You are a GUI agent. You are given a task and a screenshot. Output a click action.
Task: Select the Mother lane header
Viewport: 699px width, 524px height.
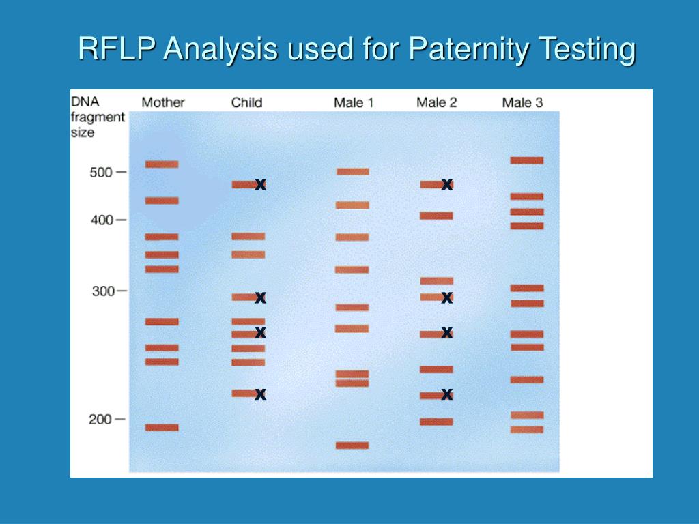point(162,102)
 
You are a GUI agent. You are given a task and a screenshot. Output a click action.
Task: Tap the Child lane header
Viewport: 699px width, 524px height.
point(246,102)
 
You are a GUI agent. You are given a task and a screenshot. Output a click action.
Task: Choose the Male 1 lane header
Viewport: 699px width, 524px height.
point(353,102)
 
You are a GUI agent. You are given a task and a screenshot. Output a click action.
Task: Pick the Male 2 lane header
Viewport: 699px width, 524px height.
point(436,102)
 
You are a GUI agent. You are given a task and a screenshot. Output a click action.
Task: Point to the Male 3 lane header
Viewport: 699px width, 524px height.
point(522,102)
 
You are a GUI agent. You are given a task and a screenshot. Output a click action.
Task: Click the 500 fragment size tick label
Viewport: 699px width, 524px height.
point(101,172)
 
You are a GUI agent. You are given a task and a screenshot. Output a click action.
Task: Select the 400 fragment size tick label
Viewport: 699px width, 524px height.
point(101,220)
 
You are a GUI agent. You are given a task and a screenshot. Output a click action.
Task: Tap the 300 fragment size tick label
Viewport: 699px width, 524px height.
point(102,291)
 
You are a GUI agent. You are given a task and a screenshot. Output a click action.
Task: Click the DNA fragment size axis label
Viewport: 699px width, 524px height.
point(98,117)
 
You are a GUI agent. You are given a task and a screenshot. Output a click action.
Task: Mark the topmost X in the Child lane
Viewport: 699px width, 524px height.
point(260,184)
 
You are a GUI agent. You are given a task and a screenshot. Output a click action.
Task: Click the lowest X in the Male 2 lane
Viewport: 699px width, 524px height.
point(447,394)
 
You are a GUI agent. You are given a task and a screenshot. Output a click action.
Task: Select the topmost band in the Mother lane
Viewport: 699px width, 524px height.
point(162,164)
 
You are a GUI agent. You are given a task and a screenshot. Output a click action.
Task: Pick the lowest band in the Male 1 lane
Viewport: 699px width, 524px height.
point(352,446)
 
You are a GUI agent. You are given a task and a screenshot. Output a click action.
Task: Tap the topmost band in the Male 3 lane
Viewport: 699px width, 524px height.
point(527,160)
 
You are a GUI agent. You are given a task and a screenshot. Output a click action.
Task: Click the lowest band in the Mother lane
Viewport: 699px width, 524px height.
point(162,428)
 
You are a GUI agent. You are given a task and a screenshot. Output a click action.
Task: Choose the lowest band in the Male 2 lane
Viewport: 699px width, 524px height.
point(436,422)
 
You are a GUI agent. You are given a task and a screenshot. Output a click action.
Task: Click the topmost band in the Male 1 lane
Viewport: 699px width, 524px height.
point(352,172)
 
